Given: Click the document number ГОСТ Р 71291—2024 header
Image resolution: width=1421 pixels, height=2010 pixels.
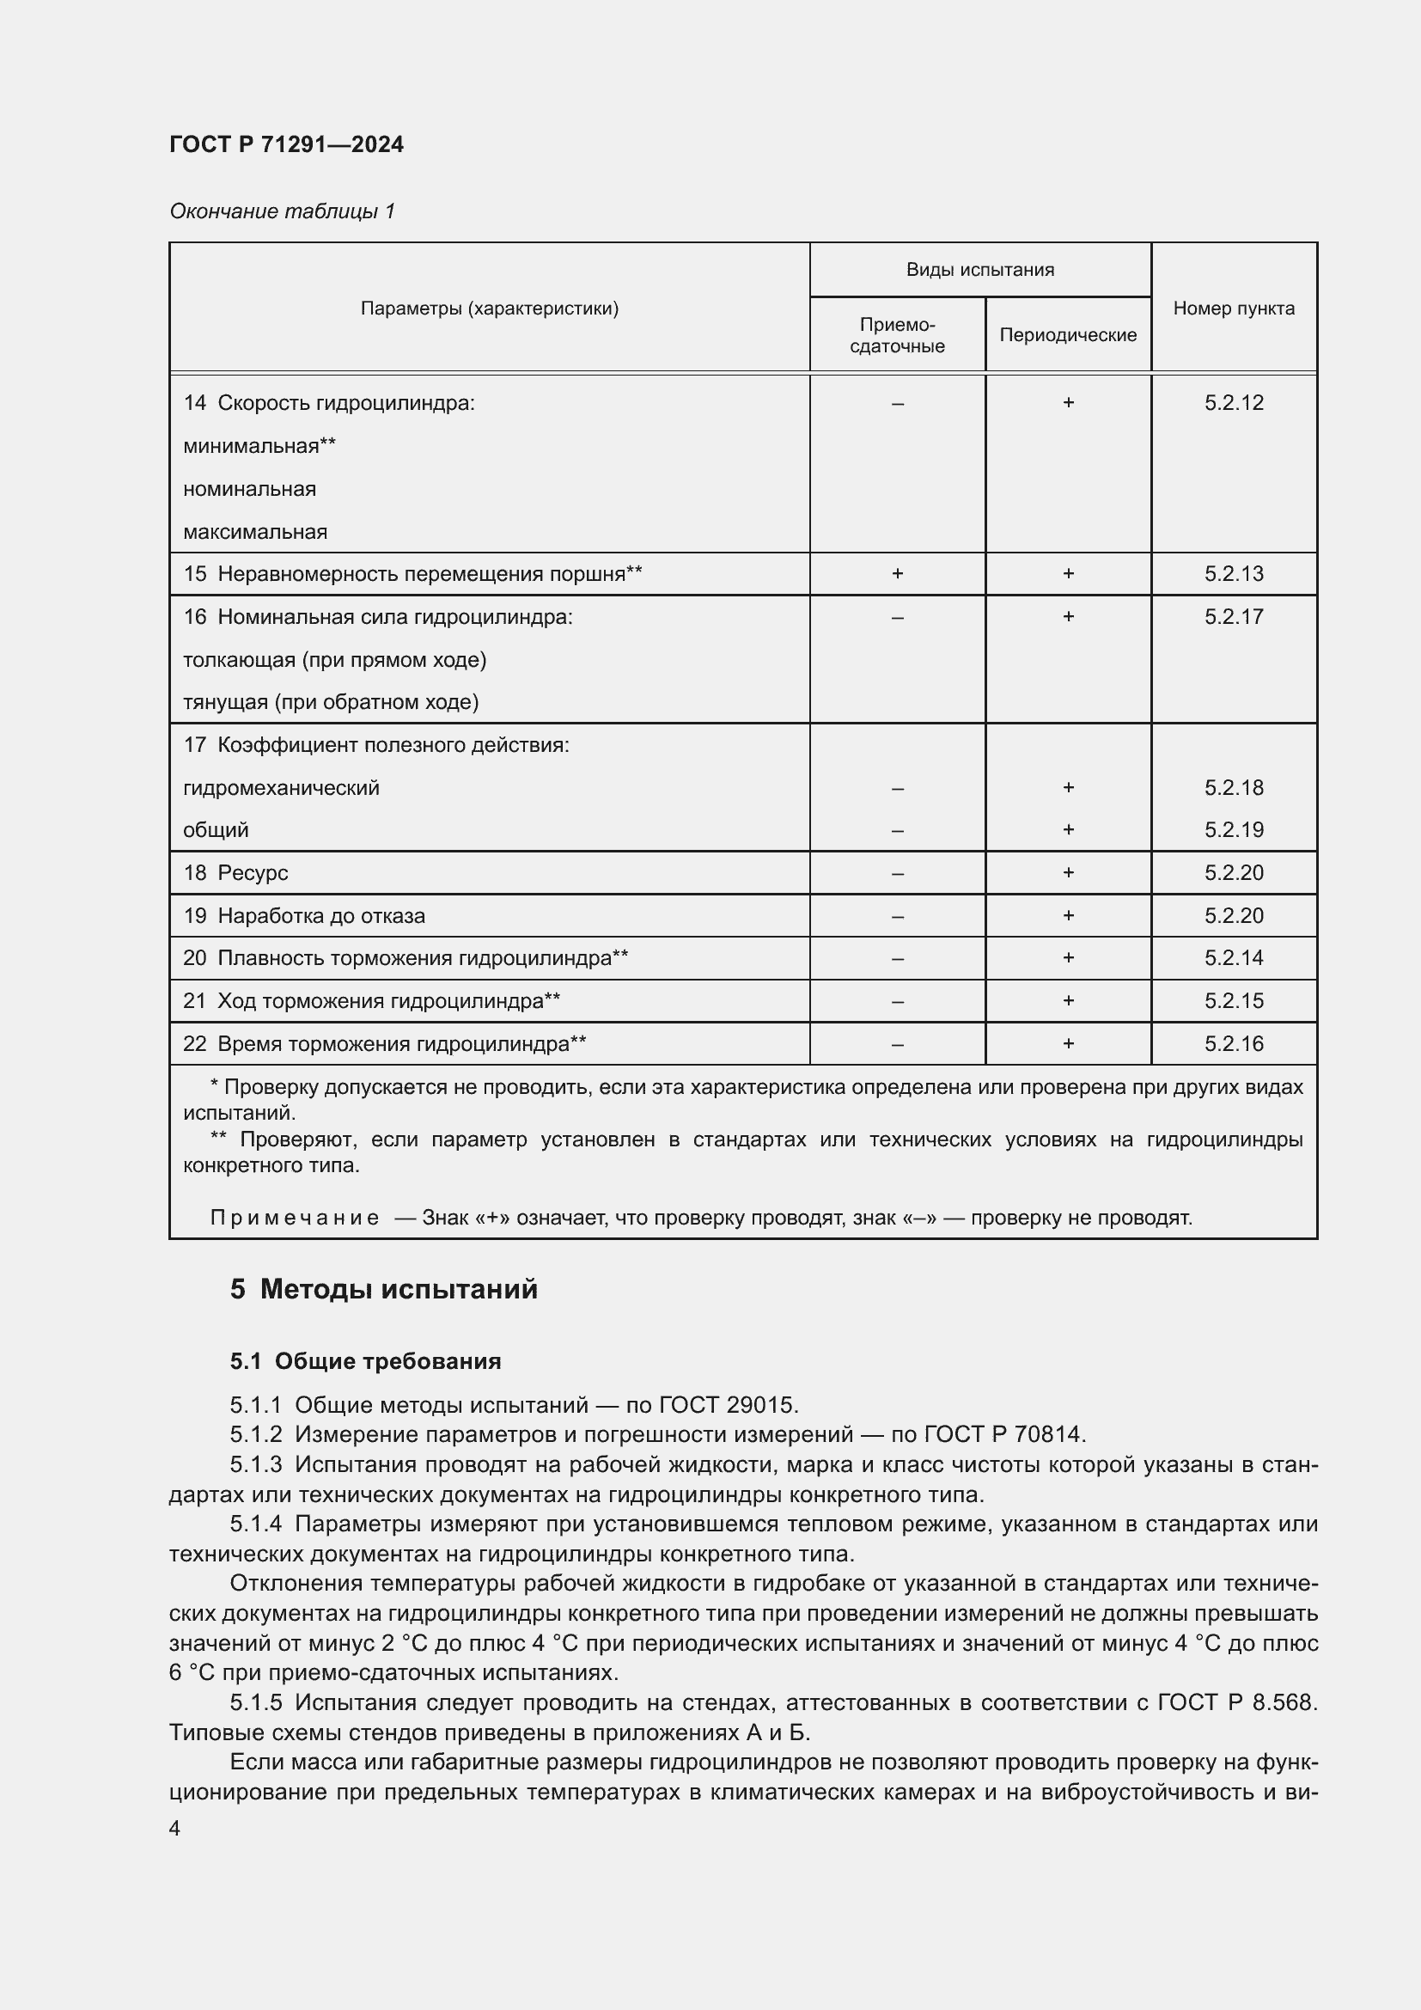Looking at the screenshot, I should (x=286, y=144).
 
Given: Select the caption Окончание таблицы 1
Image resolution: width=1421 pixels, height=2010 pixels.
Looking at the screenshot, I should (x=282, y=211).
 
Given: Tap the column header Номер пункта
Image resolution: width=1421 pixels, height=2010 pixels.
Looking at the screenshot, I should (x=1233, y=309).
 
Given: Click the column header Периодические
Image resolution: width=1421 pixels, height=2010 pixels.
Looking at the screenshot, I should (x=1068, y=335).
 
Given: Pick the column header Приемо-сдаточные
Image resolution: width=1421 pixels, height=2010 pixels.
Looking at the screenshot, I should (x=897, y=335).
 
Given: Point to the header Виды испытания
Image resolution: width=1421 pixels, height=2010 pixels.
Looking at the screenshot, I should (x=979, y=270).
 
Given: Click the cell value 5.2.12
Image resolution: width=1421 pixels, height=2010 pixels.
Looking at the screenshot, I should (x=1233, y=403).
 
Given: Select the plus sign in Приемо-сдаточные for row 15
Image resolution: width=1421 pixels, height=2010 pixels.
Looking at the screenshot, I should (x=897, y=574).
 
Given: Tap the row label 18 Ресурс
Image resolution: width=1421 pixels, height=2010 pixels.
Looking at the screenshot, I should (x=235, y=873).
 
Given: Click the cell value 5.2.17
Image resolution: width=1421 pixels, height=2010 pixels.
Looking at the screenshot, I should (x=1233, y=617).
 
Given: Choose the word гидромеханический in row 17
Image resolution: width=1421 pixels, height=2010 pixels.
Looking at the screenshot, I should (x=281, y=788).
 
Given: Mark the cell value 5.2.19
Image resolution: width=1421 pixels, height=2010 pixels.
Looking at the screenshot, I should (x=1233, y=830).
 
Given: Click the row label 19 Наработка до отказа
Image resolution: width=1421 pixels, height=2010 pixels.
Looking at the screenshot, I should (x=303, y=916).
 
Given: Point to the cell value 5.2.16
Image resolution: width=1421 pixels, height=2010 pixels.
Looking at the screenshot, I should (x=1233, y=1043).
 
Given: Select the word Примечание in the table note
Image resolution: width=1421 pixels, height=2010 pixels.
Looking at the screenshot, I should (x=294, y=1218).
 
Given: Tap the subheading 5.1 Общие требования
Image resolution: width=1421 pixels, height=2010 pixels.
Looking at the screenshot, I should (x=365, y=1361).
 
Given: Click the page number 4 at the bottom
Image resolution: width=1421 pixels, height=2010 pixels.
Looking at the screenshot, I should (x=174, y=1828).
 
